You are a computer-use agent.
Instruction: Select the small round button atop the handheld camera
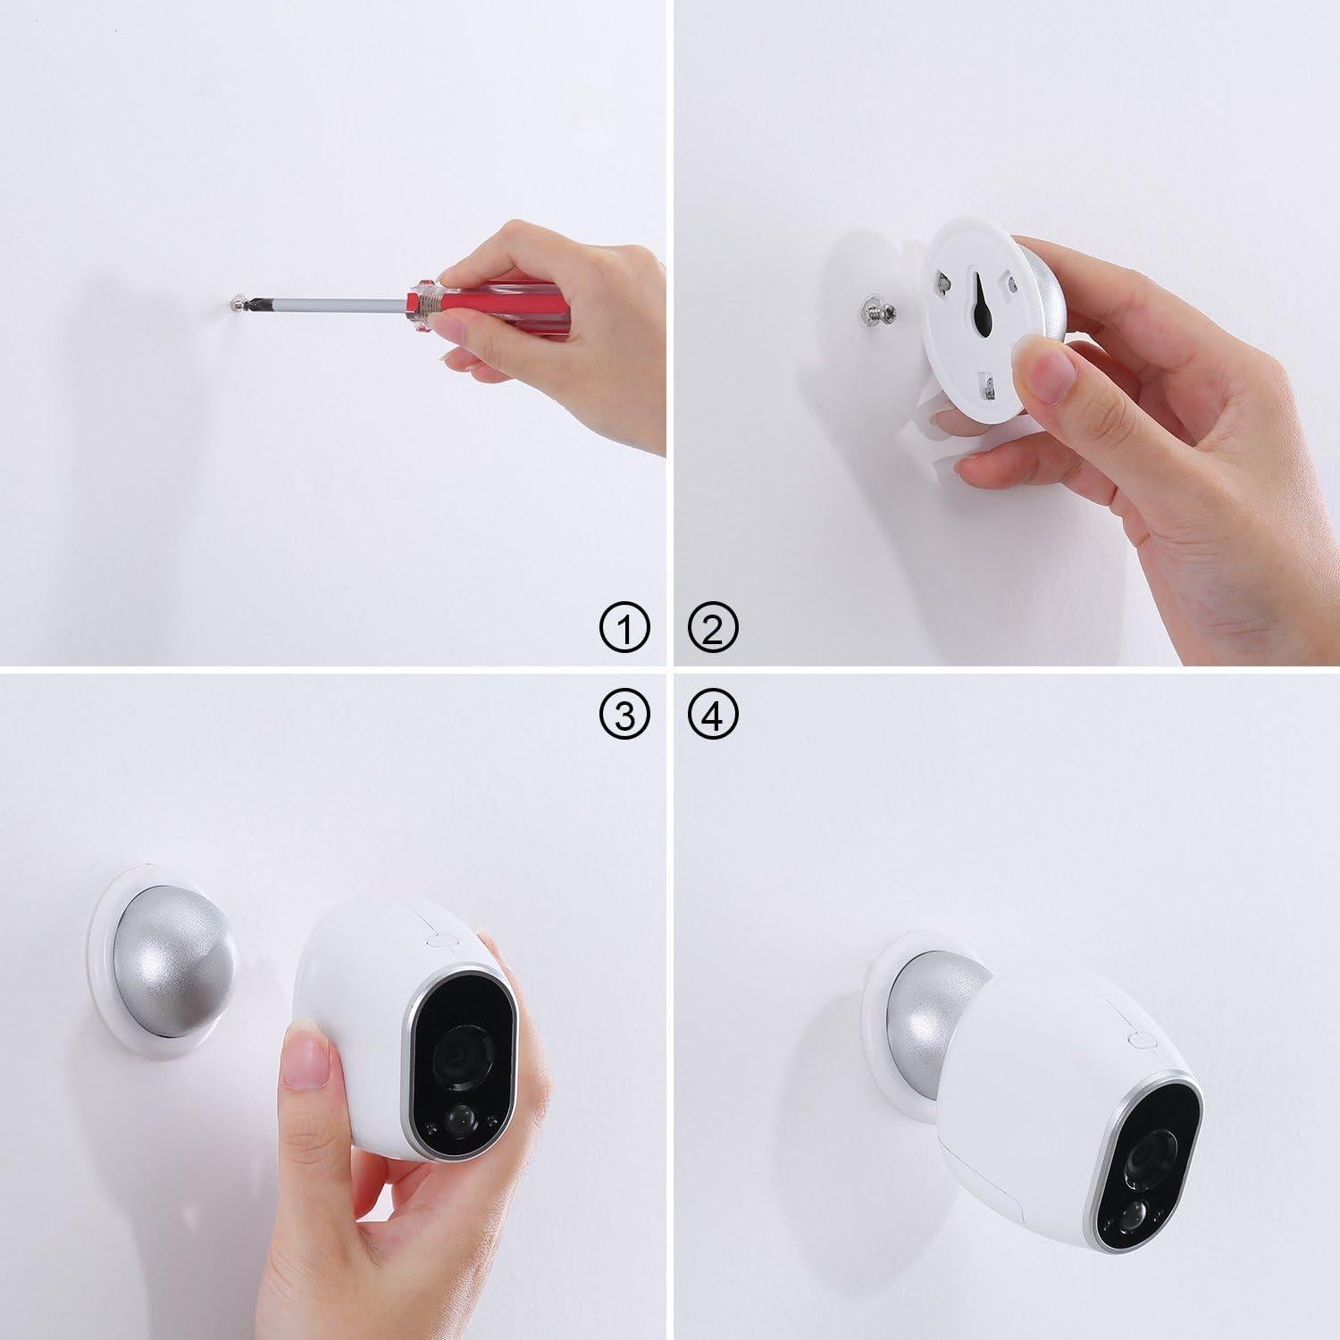(x=438, y=939)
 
